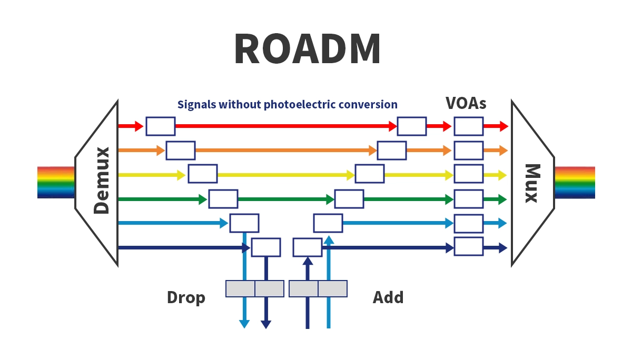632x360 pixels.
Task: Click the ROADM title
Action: click(x=308, y=49)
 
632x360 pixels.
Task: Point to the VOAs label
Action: click(x=466, y=103)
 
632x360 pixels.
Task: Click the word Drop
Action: click(x=186, y=297)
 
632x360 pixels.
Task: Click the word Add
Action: click(x=388, y=297)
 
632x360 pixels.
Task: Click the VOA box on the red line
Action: click(x=468, y=126)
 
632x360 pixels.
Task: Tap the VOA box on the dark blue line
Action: click(x=468, y=247)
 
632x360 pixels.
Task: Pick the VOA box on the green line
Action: click(x=468, y=199)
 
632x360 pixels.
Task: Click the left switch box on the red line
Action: click(x=161, y=126)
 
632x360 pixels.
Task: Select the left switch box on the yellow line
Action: click(x=203, y=174)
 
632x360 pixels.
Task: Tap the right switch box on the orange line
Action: click(x=392, y=151)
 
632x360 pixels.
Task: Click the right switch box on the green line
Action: click(x=349, y=199)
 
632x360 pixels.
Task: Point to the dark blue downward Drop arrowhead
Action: click(x=266, y=324)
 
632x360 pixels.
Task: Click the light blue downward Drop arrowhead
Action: click(x=244, y=324)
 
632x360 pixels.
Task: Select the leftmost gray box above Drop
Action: click(x=240, y=288)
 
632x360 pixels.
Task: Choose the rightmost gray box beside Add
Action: click(x=333, y=288)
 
